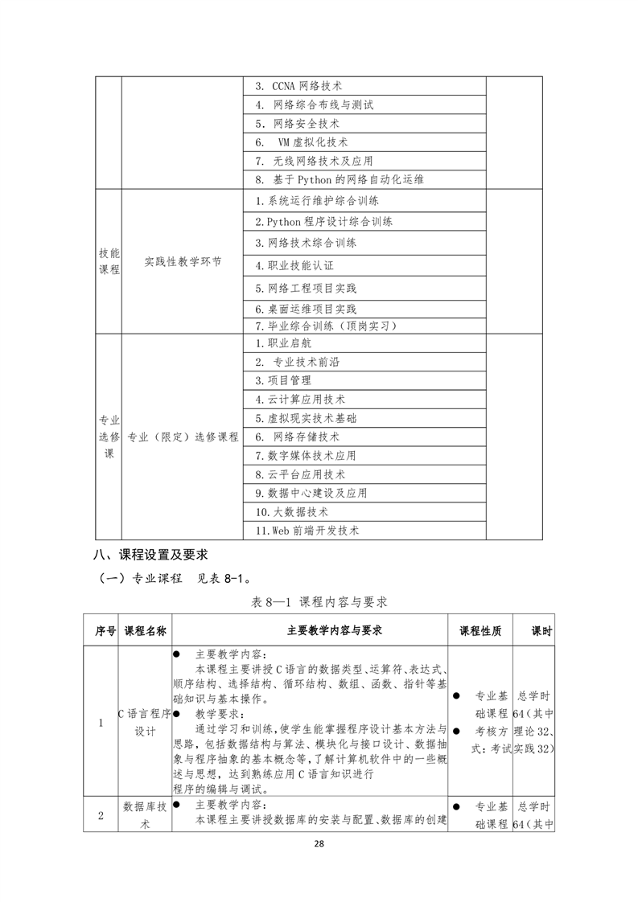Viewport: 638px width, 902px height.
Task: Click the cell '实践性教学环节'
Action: pos(183,262)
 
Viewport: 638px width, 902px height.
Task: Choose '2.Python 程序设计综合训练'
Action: pos(323,221)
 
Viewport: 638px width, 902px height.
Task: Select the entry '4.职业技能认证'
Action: pos(294,264)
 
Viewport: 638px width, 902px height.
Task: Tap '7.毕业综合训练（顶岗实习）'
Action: pos(325,326)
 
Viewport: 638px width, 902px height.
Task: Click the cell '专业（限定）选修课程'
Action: pos(183,437)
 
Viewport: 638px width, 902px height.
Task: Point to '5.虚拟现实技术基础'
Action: pos(306,418)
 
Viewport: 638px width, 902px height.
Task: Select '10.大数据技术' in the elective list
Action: pos(292,511)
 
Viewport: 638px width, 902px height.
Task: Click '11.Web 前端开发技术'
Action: pos(307,531)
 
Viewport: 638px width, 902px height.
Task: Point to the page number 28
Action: pos(319,844)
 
